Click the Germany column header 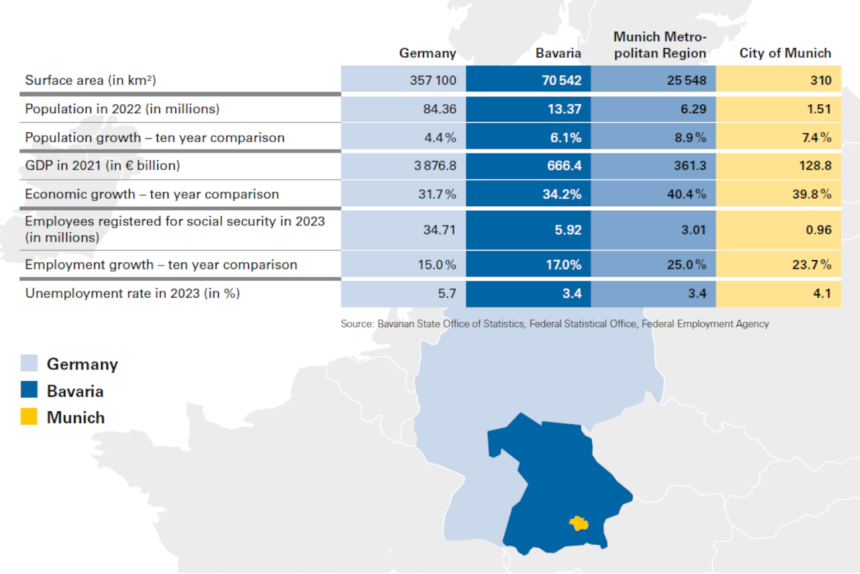[427, 53]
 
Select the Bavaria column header [558, 53]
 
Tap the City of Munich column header [784, 53]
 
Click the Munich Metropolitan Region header [660, 45]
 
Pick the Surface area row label [90, 80]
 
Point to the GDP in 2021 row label [102, 165]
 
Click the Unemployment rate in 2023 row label [132, 293]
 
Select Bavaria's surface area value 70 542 [561, 80]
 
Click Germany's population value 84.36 [440, 109]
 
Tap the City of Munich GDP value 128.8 [815, 165]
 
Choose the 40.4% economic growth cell [686, 194]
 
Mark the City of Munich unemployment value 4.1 [821, 293]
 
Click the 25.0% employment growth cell [686, 265]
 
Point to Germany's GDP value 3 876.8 [435, 165]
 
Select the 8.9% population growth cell [690, 137]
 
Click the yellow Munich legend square [29, 416]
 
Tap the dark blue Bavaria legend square [29, 390]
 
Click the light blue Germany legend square [29, 363]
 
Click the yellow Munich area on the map [579, 524]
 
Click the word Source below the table [357, 324]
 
